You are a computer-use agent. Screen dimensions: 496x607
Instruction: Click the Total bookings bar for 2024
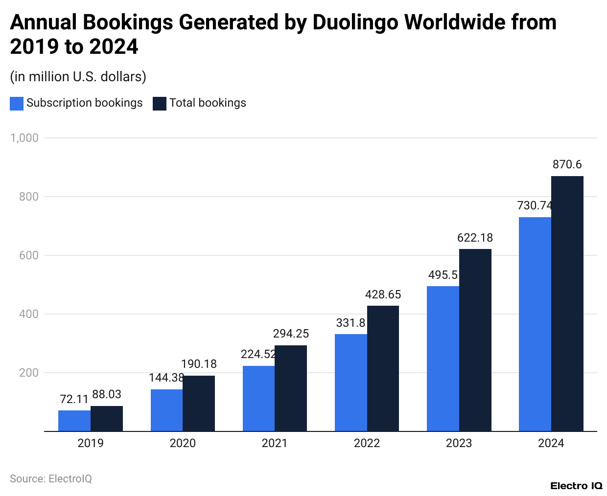pos(567,303)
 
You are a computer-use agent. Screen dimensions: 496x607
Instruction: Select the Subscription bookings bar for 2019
pos(74,421)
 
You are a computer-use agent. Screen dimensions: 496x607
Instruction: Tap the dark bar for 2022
pos(383,368)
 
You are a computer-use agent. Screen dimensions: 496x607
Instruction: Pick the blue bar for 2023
pos(443,359)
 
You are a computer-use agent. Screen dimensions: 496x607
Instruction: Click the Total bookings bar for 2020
pos(199,404)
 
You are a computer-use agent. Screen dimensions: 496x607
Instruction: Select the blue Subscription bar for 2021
pos(258,399)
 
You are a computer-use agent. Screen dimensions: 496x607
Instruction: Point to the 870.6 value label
pos(567,165)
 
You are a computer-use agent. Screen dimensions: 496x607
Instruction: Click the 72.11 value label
pos(74,399)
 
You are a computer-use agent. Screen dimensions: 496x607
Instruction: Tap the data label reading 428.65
pos(383,294)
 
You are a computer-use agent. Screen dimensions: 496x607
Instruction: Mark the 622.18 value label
pos(475,238)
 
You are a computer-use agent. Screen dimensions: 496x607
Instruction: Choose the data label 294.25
pos(291,334)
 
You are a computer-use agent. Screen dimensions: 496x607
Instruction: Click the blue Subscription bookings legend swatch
pos(17,104)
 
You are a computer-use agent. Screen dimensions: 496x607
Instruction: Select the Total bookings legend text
pos(208,103)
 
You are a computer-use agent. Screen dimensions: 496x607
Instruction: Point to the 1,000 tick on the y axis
pos(24,138)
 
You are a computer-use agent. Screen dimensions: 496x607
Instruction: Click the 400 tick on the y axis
pos(28,314)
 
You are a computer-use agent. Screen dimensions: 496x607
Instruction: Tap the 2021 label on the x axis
pos(275,443)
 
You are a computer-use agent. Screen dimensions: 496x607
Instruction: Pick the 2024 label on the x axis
pos(551,443)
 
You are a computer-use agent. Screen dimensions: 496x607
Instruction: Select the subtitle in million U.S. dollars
pos(78,77)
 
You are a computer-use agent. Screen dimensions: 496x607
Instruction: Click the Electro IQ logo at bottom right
pos(576,486)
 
